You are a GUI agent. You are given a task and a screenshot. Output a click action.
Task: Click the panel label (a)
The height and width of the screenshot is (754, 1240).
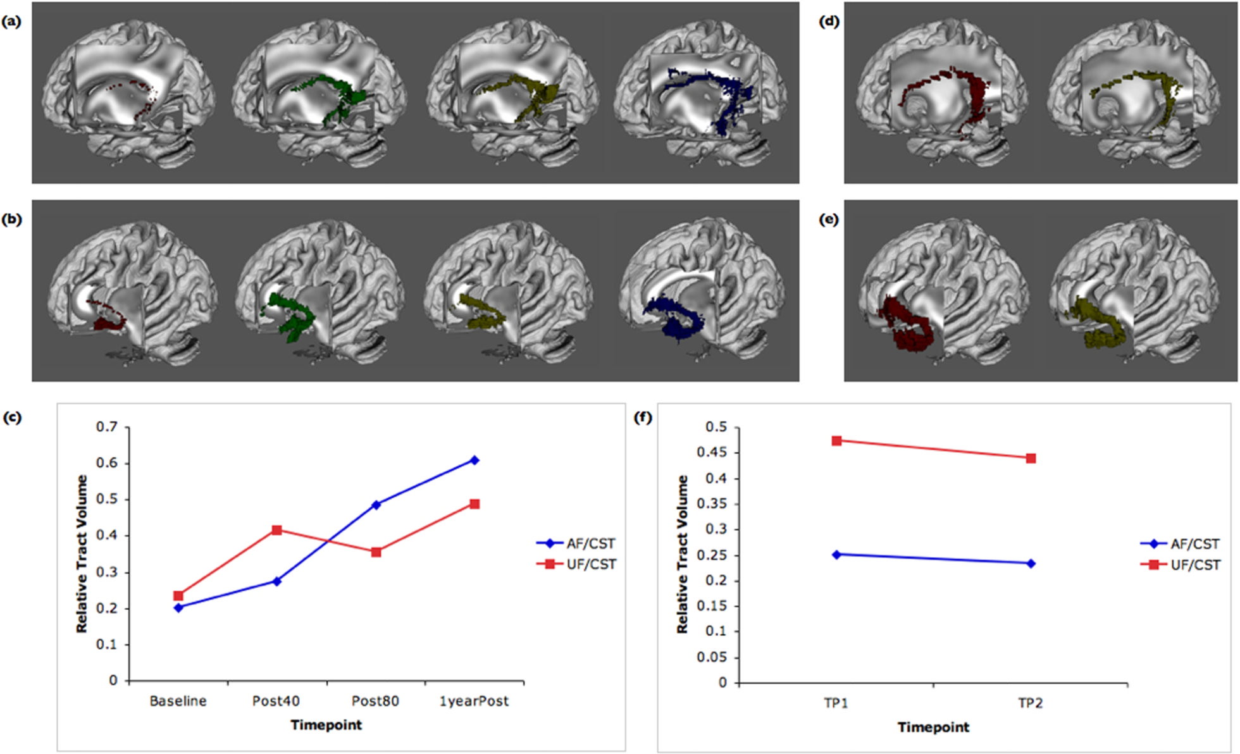11,22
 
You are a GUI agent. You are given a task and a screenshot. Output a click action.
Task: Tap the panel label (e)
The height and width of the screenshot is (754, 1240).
829,219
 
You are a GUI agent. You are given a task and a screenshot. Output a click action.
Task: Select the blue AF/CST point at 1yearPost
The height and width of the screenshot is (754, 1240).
474,460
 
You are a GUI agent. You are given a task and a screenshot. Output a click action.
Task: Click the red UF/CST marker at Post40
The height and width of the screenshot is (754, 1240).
276,530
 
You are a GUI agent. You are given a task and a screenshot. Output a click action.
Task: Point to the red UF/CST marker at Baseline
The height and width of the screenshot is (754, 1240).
178,596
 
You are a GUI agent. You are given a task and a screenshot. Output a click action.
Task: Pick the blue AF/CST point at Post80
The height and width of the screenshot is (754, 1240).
376,505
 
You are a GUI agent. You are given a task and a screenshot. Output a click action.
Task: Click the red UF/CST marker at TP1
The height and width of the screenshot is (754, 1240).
836,441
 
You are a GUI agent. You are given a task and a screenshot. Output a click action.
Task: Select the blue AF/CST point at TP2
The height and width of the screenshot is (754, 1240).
1031,563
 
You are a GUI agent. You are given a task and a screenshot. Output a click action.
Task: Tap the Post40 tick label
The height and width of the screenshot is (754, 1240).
276,701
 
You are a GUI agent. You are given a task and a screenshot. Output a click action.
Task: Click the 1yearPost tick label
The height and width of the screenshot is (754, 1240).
474,701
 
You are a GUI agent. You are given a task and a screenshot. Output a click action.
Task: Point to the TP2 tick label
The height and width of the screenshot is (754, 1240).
1031,703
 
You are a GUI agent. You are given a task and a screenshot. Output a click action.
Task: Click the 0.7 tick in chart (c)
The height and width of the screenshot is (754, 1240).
107,428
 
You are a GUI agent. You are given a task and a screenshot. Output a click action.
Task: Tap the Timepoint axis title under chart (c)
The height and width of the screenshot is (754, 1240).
326,725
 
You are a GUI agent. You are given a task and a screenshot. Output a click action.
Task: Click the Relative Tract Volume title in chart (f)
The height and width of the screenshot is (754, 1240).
682,554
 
